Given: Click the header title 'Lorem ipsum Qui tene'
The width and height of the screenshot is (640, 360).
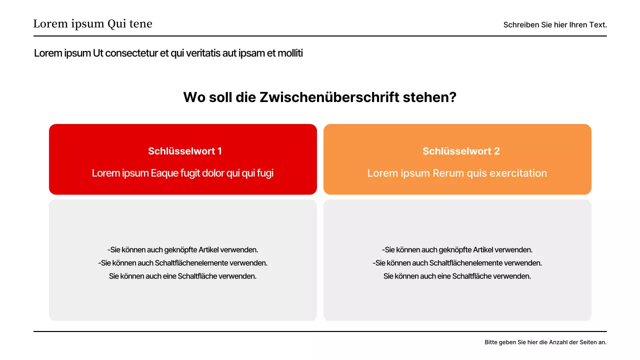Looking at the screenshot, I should (x=92, y=24).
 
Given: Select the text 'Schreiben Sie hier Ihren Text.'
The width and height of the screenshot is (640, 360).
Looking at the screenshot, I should (x=555, y=24).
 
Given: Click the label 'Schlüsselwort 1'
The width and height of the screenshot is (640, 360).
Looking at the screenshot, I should (x=185, y=151).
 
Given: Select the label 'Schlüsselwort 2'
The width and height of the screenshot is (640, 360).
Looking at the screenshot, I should (x=461, y=151).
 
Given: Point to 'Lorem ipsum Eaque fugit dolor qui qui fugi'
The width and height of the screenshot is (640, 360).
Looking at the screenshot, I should (x=182, y=173).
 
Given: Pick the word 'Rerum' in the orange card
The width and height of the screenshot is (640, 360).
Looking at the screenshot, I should (x=448, y=173).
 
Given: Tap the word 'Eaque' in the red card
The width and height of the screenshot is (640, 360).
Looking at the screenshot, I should (x=164, y=173).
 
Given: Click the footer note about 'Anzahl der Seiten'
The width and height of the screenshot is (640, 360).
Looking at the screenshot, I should (x=545, y=342).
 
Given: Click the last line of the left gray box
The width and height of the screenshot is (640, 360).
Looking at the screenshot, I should (x=182, y=276).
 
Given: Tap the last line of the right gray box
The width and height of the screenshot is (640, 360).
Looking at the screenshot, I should (x=457, y=276).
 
